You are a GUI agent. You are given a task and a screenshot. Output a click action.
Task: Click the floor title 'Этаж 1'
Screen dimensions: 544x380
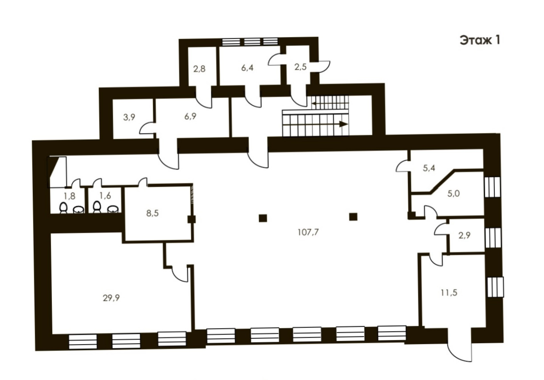(x=480, y=40)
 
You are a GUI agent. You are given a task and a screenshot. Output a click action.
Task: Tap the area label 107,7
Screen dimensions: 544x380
(x=308, y=232)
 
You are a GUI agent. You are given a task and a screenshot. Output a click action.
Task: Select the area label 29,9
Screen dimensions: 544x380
(x=111, y=298)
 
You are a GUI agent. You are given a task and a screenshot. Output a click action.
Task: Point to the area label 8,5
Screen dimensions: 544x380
(x=152, y=213)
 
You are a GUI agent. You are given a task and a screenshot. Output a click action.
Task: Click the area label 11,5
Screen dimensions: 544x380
(x=449, y=293)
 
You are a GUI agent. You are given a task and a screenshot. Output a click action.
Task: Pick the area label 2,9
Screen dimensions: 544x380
(x=464, y=235)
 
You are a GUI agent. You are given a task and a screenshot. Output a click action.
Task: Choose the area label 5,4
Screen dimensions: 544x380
(x=429, y=168)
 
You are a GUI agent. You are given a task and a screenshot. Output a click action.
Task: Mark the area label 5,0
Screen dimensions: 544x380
(x=453, y=194)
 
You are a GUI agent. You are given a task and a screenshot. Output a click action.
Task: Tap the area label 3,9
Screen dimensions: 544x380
(x=129, y=118)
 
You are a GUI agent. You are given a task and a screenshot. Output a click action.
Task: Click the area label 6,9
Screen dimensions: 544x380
(x=190, y=117)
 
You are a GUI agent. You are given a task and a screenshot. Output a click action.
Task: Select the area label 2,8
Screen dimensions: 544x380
(x=199, y=69)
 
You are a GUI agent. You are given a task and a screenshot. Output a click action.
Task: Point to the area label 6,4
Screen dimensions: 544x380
(x=247, y=68)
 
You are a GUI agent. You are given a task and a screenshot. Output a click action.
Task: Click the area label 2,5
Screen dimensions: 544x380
(x=300, y=67)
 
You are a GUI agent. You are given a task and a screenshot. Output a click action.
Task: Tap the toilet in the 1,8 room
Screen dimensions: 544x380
(x=63, y=208)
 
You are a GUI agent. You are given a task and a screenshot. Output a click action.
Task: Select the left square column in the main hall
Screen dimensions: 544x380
(x=263, y=218)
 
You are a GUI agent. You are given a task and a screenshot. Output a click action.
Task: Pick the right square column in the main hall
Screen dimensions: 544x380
(x=353, y=217)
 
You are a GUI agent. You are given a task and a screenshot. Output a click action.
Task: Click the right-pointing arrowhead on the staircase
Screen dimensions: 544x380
(x=343, y=124)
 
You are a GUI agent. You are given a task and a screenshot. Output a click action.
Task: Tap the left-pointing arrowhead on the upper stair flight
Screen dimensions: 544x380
(x=314, y=104)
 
